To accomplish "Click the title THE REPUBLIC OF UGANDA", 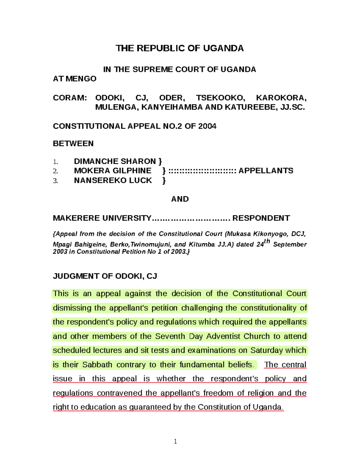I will tap(179, 48).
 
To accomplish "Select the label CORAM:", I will tap(70, 98).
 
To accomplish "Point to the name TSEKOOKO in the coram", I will tap(220, 98).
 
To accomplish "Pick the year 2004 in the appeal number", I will tap(207, 126).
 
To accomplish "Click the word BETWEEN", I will tap(73, 143).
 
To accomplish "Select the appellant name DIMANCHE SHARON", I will tap(115, 161).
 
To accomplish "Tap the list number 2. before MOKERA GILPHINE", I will tap(55, 171).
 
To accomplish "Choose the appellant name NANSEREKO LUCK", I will tap(113, 180).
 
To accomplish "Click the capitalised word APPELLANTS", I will tap(266, 171).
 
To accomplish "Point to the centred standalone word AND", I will tap(180, 199).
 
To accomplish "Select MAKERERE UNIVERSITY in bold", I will tap(102, 218).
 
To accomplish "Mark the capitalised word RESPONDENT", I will tap(261, 218).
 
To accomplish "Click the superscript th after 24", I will tap(267, 241).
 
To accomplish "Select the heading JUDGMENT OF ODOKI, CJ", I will tap(105, 276).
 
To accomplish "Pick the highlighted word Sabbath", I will tap(97, 365).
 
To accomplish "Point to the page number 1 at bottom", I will tap(175, 441).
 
